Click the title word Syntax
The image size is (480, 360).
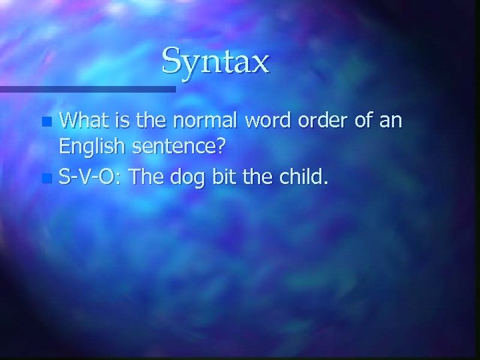[215, 61]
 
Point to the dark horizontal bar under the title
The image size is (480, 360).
[87, 88]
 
